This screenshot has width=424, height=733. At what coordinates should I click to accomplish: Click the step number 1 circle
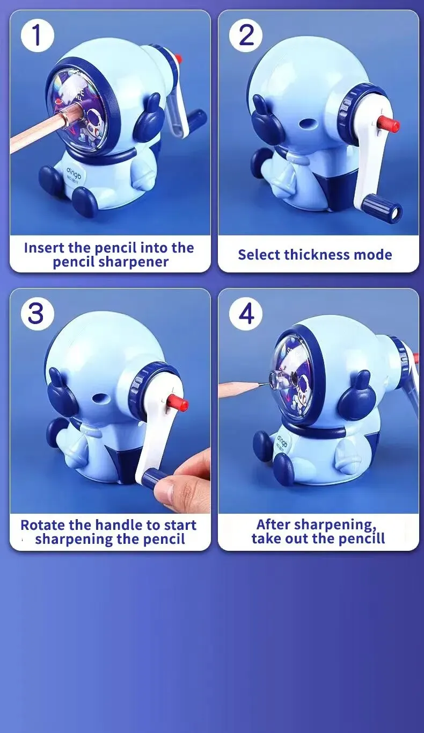pos(37,35)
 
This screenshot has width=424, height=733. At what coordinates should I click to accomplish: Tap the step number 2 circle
pos(245,35)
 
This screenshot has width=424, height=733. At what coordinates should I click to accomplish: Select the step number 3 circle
pos(37,313)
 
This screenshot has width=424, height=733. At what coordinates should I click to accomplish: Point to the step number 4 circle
pos(245,313)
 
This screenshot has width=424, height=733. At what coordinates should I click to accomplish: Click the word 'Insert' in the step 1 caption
pos(44,248)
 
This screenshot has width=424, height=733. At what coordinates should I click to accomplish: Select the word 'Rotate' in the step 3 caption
pos(43,525)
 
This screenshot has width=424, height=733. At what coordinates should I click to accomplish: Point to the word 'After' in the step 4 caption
pos(273,524)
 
